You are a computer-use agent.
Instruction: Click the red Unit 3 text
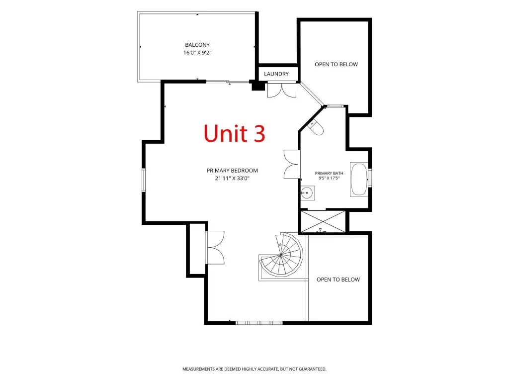pos(235,133)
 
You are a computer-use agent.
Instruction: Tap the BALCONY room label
pos(197,45)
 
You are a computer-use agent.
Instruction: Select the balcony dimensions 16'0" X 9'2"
pos(197,53)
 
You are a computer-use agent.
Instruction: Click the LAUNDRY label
pos(276,74)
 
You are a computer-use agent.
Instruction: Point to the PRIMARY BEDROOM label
pos(232,171)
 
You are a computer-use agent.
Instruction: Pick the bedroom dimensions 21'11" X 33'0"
pos(232,179)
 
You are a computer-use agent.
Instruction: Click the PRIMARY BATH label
pos(329,174)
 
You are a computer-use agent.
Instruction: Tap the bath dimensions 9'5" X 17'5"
pos(329,178)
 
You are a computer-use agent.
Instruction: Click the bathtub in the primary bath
pos(359,179)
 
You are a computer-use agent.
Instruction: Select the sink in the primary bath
pos(307,193)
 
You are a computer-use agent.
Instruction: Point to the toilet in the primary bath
pos(316,127)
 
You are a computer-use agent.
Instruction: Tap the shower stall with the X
pos(323,221)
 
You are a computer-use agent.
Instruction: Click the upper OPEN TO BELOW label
pos(337,64)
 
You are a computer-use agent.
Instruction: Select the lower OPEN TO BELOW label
pos(338,280)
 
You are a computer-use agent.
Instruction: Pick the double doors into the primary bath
pos(291,164)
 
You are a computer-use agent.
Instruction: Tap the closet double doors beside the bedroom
pos(215,248)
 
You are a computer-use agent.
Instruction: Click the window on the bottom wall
pos(259,323)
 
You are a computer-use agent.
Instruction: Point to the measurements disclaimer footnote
pos(254,369)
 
